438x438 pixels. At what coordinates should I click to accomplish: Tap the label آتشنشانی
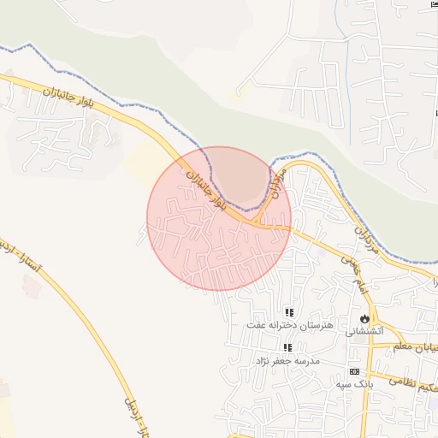(x=370, y=330)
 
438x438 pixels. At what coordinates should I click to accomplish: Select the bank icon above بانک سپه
(x=353, y=372)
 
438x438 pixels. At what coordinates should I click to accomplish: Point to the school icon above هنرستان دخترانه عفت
(x=289, y=312)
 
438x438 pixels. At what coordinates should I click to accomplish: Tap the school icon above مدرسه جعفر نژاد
(x=288, y=347)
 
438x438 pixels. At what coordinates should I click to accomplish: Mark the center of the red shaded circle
(x=219, y=218)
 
